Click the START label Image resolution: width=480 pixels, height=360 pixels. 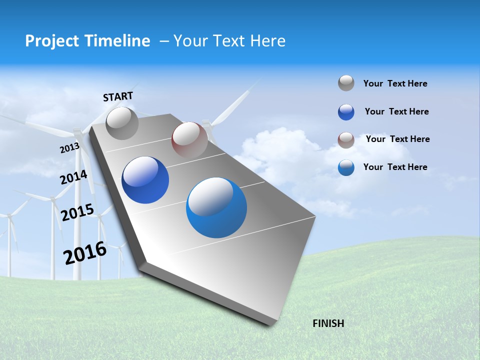point(118,96)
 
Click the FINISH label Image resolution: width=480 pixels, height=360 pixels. point(328,323)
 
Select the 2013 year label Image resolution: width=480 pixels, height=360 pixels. point(69,148)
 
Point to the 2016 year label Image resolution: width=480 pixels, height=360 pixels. point(85,253)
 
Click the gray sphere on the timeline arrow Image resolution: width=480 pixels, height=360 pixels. point(122,123)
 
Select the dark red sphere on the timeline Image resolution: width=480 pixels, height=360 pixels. point(189,139)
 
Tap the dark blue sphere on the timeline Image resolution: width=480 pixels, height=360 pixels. point(145,180)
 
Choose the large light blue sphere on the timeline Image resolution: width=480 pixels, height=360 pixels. point(216,207)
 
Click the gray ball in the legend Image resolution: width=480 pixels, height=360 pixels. point(346,83)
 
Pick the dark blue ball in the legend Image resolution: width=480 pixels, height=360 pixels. point(346,112)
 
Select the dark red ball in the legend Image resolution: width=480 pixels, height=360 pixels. point(346,140)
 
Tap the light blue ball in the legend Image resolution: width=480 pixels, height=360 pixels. point(346,167)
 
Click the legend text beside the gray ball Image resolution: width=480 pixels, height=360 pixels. point(395,83)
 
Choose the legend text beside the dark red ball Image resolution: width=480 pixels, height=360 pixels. point(397,139)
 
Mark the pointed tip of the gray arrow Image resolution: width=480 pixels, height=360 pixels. point(270,324)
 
